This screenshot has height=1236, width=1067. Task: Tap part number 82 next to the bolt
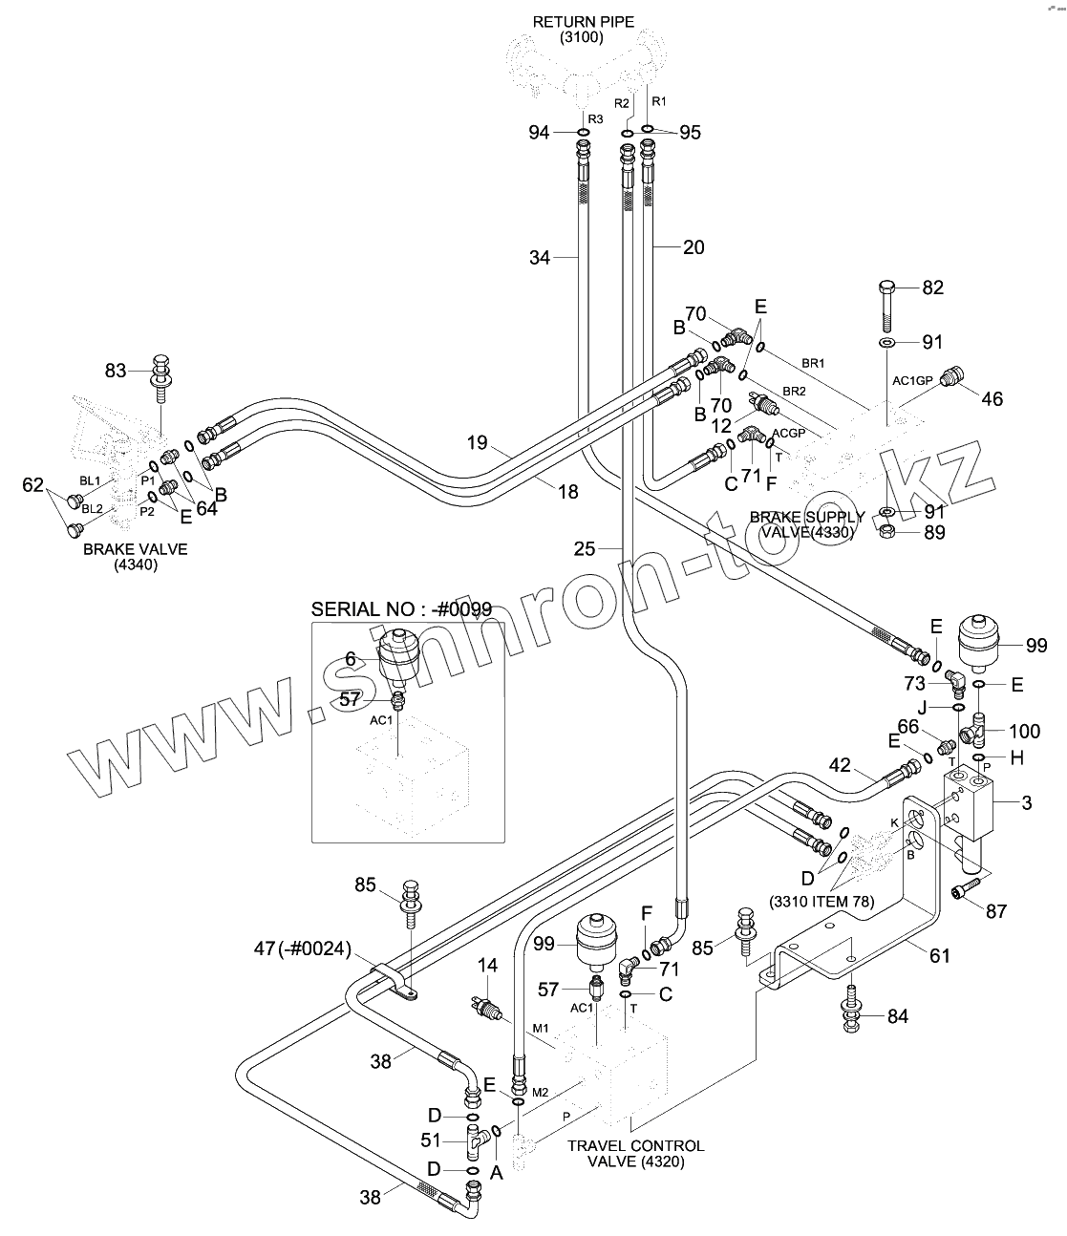click(932, 288)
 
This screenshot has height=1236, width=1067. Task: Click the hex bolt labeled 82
click(887, 305)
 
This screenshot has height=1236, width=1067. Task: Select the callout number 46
click(992, 399)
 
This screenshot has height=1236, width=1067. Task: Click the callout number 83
click(116, 371)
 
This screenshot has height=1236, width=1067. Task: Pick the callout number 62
click(32, 485)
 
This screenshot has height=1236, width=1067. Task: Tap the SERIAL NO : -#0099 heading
click(401, 609)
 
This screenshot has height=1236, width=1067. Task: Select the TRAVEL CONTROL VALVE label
click(636, 1154)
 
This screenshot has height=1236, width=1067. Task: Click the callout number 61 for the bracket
click(940, 956)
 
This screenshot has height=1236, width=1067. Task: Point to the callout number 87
click(995, 911)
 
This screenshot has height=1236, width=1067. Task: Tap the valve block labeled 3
click(969, 805)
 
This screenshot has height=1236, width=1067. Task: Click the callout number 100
click(1025, 731)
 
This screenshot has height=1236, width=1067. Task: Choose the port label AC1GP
click(912, 381)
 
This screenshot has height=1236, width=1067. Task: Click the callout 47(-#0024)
click(302, 948)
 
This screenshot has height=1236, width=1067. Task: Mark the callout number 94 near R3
click(539, 132)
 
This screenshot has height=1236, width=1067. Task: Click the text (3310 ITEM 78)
click(822, 901)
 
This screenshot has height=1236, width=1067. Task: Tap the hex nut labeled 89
click(887, 531)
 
